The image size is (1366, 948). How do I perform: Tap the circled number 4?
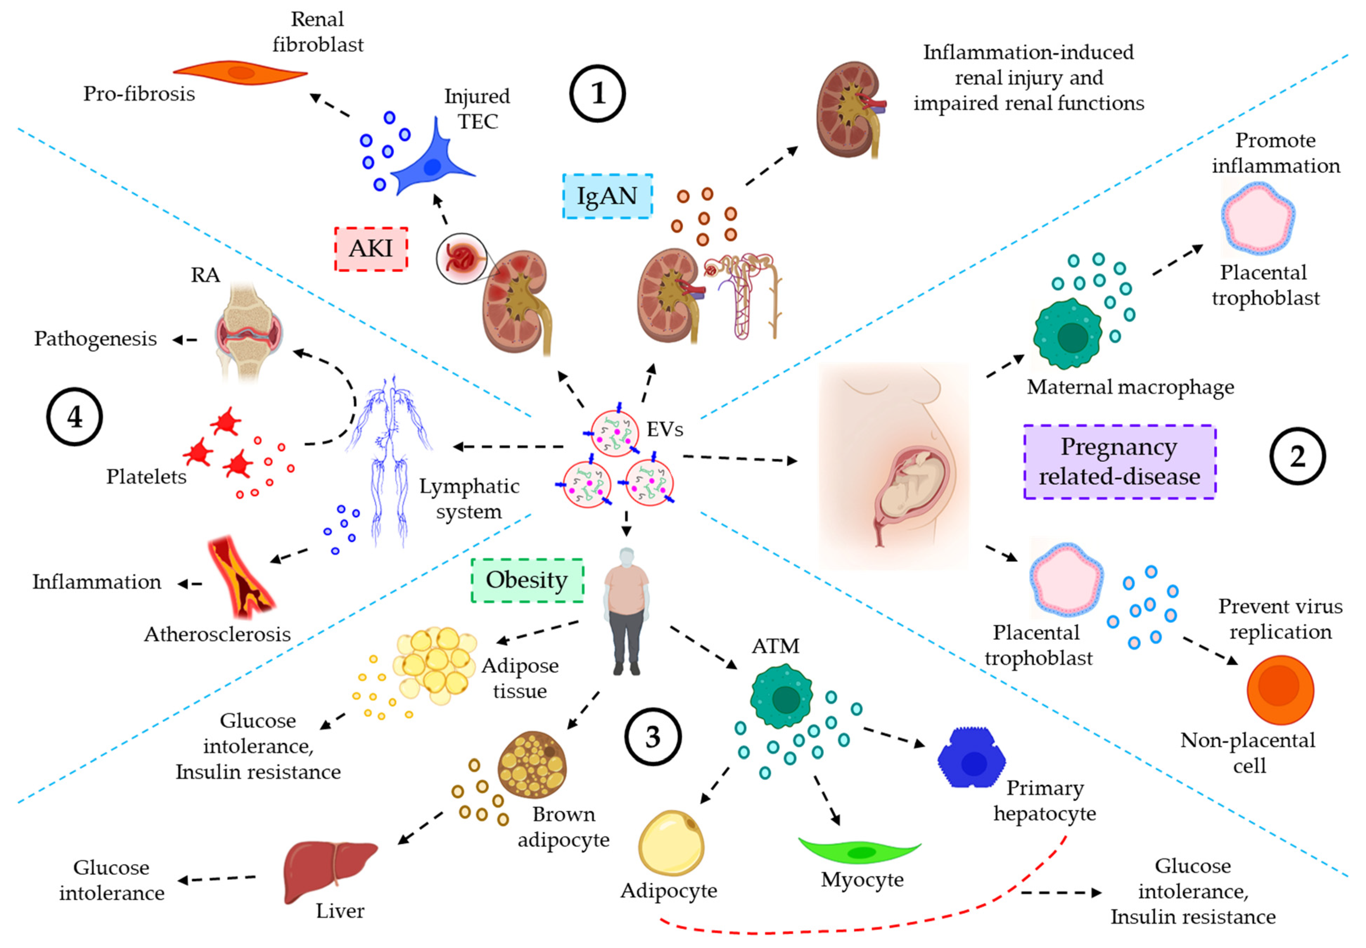[x=74, y=417]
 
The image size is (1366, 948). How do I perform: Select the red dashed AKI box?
[x=371, y=249]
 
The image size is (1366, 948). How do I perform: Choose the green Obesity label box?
[x=527, y=580]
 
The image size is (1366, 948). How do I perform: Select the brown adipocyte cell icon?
[x=532, y=765]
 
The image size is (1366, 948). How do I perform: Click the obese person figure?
[x=626, y=612]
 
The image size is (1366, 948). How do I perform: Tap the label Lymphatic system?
[x=469, y=498]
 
